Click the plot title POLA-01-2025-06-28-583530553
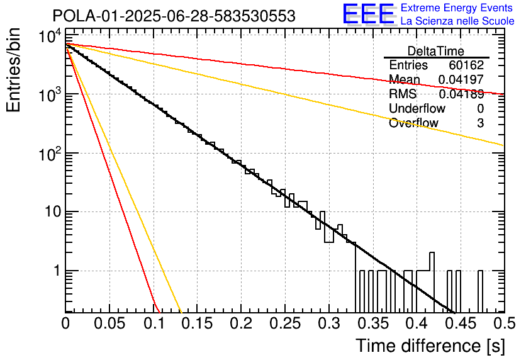click(x=174, y=16)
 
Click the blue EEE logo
click(x=369, y=14)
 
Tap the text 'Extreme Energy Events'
click(x=457, y=8)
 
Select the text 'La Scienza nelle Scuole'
click(x=457, y=21)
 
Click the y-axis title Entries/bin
click(x=13, y=70)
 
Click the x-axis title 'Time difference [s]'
click(x=430, y=346)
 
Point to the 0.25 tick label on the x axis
click(x=285, y=323)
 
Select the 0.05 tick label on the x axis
click(x=109, y=323)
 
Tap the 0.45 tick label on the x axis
click(x=461, y=323)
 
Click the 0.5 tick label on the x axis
click(x=504, y=323)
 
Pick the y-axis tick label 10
click(x=53, y=211)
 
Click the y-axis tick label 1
click(x=57, y=271)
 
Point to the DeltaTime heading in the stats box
click(x=436, y=51)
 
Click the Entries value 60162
click(x=466, y=65)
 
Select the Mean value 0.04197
click(x=461, y=79)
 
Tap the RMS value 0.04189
click(x=461, y=94)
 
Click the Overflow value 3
click(x=480, y=123)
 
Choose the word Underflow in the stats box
click(x=417, y=108)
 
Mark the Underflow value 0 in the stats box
click(x=480, y=108)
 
